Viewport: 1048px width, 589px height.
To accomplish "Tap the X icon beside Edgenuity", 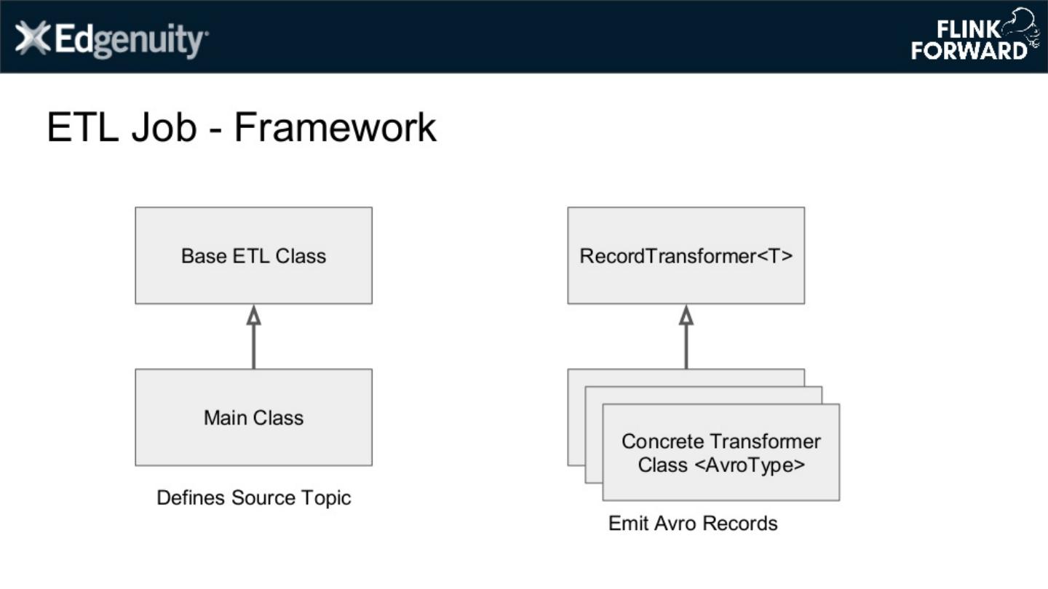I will [33, 39].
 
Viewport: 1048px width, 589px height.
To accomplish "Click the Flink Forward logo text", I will [968, 41].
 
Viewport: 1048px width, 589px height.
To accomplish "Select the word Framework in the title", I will [335, 127].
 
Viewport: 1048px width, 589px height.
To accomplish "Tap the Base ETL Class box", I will [253, 255].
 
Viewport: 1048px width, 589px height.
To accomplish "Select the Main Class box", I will [253, 417].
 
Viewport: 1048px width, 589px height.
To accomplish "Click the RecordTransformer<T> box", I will [686, 255].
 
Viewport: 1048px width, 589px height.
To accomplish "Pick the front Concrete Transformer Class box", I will [720, 453].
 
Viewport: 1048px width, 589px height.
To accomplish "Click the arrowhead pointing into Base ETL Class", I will [253, 315].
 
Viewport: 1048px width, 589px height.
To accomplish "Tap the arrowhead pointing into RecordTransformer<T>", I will [686, 315].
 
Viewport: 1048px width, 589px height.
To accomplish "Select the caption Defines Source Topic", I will [253, 498].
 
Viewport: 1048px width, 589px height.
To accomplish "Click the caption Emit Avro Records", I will [693, 524].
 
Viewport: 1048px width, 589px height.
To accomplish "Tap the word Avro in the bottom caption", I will [670, 524].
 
